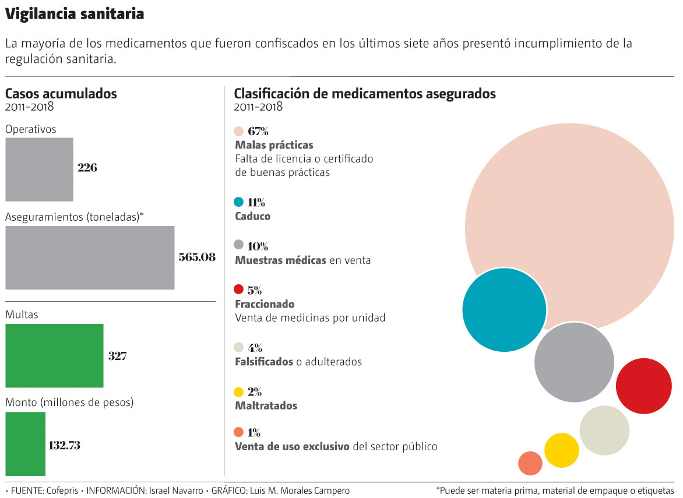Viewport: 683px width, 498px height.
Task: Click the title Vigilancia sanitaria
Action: [x=75, y=14]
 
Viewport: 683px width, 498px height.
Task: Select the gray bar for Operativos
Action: [x=39, y=169]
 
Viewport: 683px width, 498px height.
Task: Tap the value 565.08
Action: [x=197, y=257]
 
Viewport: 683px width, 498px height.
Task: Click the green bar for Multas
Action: [x=54, y=356]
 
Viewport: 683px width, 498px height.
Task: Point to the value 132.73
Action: [x=65, y=446]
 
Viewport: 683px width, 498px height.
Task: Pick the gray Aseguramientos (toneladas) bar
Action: [x=90, y=257]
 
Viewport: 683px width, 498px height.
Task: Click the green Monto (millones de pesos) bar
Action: [x=26, y=444]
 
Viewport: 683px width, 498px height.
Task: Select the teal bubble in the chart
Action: [x=504, y=310]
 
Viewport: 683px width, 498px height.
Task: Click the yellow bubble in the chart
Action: [x=561, y=450]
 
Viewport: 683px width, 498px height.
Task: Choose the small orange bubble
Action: [x=530, y=463]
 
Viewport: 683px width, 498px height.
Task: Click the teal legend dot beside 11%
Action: [x=238, y=202]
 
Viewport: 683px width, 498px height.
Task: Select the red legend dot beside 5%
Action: [x=238, y=289]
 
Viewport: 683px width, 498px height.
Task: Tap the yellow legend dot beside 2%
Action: [x=238, y=392]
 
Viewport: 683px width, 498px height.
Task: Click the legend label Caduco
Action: [x=252, y=217]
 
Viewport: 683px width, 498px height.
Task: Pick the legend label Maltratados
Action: [x=266, y=406]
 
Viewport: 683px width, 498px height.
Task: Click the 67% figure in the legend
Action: [x=258, y=130]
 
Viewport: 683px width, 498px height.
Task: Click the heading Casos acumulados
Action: [x=61, y=93]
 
